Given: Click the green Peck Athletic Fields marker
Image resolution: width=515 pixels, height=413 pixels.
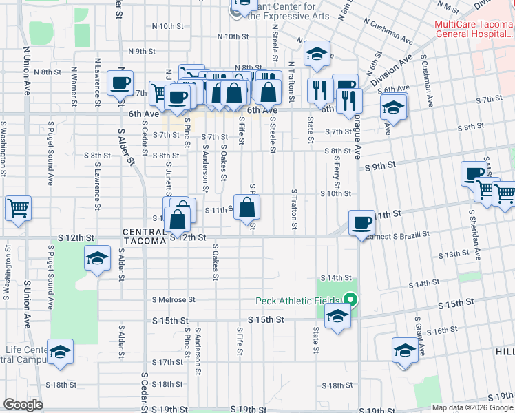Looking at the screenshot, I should (x=350, y=300).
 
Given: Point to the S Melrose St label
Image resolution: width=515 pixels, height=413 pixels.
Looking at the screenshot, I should (x=173, y=299).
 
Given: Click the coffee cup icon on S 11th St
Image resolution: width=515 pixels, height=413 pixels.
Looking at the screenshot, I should (x=361, y=222).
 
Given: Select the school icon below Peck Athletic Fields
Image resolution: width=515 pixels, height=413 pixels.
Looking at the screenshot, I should (x=337, y=317).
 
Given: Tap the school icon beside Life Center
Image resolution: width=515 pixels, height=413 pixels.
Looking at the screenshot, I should (x=60, y=352).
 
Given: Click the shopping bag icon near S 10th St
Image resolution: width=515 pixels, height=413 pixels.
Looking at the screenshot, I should (x=246, y=206).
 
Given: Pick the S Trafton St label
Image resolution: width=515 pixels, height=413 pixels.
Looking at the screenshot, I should (x=294, y=210).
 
